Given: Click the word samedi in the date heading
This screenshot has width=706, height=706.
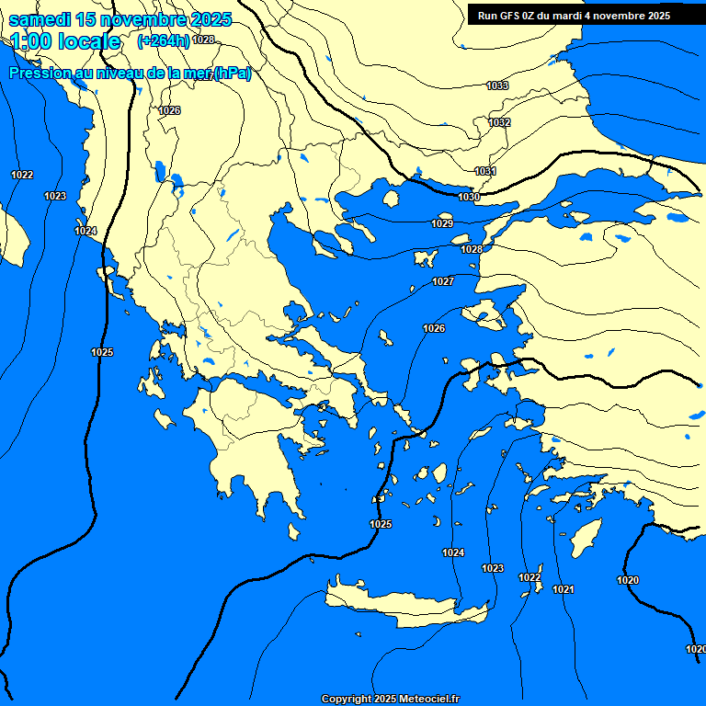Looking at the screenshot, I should click(x=39, y=20).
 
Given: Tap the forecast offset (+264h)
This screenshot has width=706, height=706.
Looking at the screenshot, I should click(x=163, y=40).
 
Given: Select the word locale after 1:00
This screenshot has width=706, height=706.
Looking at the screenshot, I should click(x=89, y=41).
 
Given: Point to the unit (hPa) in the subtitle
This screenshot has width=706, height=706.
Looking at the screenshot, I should click(x=232, y=74).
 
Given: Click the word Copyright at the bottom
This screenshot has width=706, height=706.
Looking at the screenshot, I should click(x=346, y=700).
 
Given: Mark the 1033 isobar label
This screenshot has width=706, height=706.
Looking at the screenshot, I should click(x=497, y=85).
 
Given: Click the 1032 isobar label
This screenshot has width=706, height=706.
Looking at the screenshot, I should click(x=499, y=122).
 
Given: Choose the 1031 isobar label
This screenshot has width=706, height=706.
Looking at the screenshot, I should click(x=485, y=172).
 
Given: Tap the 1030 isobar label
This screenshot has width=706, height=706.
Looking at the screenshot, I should click(x=469, y=197).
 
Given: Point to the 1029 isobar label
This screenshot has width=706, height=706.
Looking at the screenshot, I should click(x=442, y=223).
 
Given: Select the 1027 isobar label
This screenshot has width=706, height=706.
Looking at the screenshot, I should click(x=443, y=281).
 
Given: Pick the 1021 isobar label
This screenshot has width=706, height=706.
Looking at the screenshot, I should click(x=564, y=589).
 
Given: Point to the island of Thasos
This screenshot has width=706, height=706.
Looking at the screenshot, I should click(x=391, y=199).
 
